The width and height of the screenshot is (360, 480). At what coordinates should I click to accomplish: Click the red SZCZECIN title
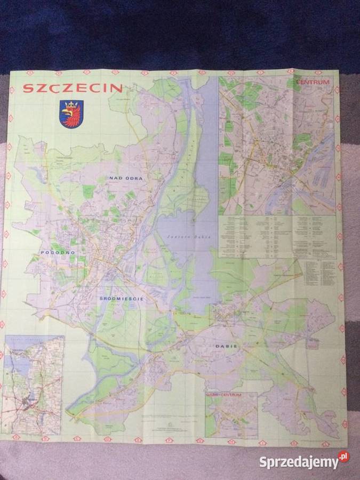click(x=73, y=88)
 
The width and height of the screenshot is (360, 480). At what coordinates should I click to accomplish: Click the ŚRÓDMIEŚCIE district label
click(x=122, y=299)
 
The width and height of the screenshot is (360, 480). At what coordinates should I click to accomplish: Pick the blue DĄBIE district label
click(x=226, y=347)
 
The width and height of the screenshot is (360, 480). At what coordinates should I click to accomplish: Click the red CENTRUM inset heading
click(x=313, y=82)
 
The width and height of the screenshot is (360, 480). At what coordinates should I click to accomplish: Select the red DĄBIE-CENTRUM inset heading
click(x=225, y=395)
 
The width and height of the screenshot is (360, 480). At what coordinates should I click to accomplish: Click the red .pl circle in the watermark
click(x=343, y=457)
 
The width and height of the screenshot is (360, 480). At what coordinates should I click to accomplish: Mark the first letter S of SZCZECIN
click(x=27, y=89)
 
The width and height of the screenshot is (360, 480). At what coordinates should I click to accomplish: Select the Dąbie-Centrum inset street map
click(x=231, y=416)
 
